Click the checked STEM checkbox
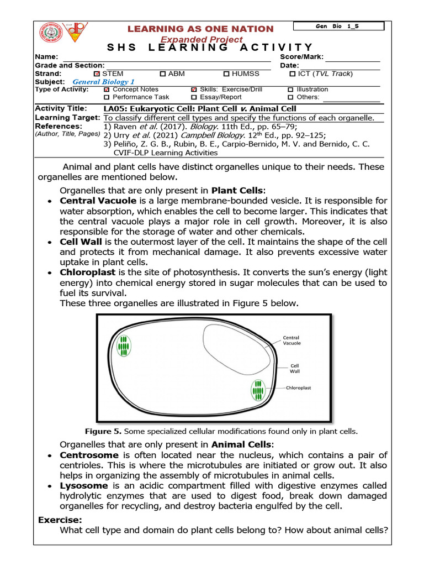click(x=98, y=74)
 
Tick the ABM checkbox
click(x=163, y=74)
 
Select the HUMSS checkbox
click(x=226, y=74)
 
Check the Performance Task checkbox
click(x=107, y=97)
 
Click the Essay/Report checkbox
click(x=194, y=97)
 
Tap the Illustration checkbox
click(x=291, y=90)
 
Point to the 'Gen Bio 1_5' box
click(x=338, y=26)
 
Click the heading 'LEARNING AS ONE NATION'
click(x=201, y=29)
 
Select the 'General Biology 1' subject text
click(x=104, y=82)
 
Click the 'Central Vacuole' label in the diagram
click(x=292, y=340)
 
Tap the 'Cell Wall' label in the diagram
click(x=295, y=368)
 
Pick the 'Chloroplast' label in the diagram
click(x=299, y=388)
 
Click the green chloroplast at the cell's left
click(x=124, y=345)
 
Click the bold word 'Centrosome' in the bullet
click(x=89, y=455)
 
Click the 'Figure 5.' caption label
click(x=103, y=431)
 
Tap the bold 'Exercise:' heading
click(x=60, y=520)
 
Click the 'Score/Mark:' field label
click(x=302, y=57)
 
